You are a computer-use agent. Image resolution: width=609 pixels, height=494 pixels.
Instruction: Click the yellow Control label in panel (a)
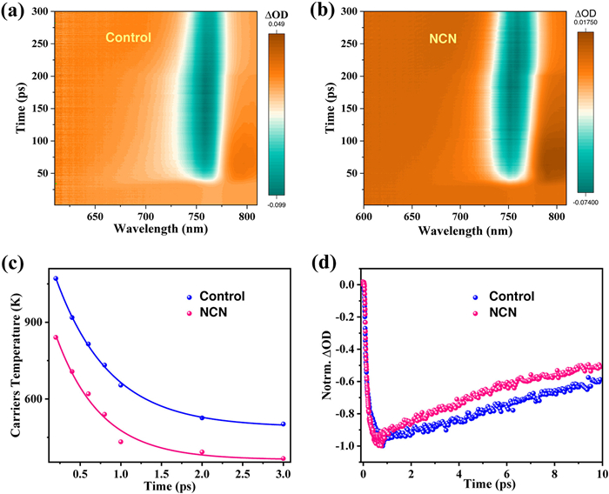point(128,37)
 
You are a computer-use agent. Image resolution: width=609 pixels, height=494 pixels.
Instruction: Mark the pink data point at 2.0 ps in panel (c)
point(202,452)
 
